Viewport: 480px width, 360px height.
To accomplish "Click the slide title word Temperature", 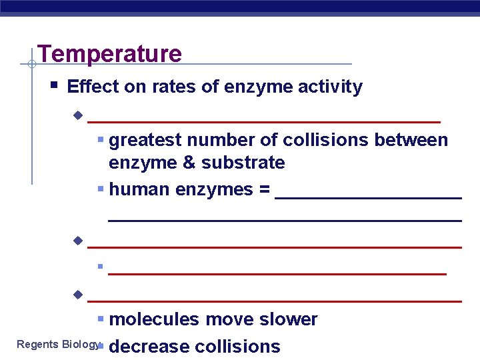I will point(109,54).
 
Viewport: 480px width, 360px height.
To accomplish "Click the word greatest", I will point(145,141).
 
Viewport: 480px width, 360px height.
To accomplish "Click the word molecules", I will point(155,319).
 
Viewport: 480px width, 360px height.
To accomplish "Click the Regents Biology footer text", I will point(57,344).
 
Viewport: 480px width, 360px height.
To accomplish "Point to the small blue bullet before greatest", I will point(100,141).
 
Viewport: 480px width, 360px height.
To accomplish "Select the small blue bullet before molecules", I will point(100,319).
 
